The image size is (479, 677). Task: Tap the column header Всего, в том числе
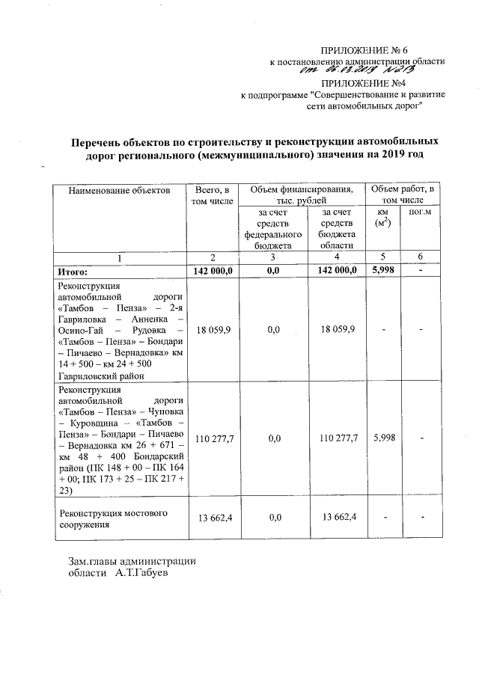(214, 196)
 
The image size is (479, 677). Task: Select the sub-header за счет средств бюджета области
(337, 229)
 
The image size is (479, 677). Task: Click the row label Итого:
(74, 271)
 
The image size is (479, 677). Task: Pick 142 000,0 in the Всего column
(214, 271)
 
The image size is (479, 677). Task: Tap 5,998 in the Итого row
(382, 271)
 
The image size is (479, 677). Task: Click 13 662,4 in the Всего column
(214, 518)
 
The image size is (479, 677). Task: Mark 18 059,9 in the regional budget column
(337, 328)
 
